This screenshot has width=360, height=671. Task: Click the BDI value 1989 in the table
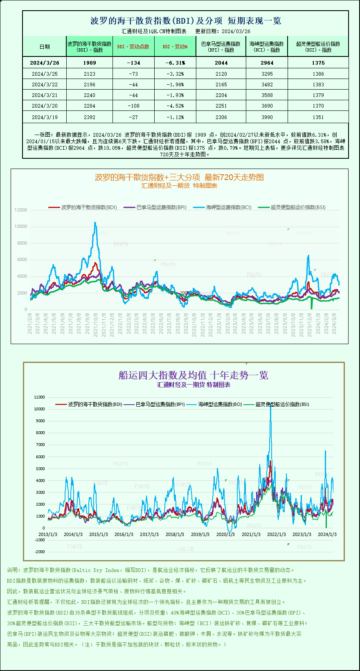[89, 63]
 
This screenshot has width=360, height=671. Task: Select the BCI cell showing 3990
[267, 117]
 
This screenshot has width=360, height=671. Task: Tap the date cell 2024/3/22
[45, 84]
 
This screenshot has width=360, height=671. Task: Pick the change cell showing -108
[133, 106]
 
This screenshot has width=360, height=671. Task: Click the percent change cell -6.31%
[175, 63]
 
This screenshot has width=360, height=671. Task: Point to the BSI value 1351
[318, 117]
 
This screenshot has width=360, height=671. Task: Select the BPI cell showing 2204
[221, 95]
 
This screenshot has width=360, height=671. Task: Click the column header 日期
[45, 47]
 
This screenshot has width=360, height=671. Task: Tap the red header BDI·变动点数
[133, 47]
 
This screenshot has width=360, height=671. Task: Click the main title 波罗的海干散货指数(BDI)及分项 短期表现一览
[185, 21]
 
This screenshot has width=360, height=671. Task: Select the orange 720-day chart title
[179, 177]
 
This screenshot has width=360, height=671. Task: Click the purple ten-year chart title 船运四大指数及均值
[193, 375]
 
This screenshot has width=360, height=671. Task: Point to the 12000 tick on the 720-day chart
[21, 210]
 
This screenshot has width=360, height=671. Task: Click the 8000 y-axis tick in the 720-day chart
[22, 243]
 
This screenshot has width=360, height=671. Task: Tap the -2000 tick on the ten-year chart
[40, 552]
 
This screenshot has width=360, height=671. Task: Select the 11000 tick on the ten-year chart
[39, 397]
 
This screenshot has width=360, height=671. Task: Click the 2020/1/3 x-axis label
[225, 534]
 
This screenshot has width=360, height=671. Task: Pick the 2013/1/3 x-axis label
[48, 534]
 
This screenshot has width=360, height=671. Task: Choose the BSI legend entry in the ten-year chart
[282, 404]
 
